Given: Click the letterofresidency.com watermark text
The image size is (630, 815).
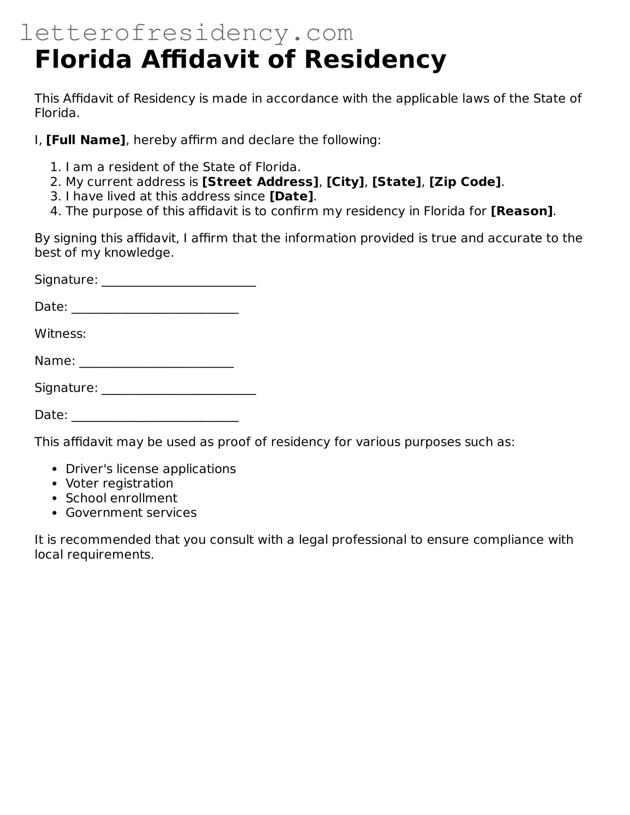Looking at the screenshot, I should point(186,33).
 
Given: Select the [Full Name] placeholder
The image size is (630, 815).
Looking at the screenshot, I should point(86,140).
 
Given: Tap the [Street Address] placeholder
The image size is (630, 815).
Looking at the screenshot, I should point(260,182).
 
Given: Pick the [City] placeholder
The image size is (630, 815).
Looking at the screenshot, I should point(345,182).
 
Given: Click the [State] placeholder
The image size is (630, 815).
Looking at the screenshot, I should point(397,182).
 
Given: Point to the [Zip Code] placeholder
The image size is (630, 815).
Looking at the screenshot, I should point(465,182).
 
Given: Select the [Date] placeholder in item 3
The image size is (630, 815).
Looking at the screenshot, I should point(291,196).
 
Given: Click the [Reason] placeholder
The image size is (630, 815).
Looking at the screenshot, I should point(522,211).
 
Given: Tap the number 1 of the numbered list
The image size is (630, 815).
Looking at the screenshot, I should point(55,167).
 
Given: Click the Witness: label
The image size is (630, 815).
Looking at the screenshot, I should point(60,334).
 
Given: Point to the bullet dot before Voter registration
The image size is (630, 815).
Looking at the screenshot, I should point(55,484).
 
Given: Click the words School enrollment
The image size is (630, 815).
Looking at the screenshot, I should point(121,498).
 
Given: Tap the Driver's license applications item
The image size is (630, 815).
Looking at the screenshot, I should point(151,469).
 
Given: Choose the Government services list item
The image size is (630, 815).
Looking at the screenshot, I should point(131,513).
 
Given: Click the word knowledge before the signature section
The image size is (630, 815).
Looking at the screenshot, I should point(139,253).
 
